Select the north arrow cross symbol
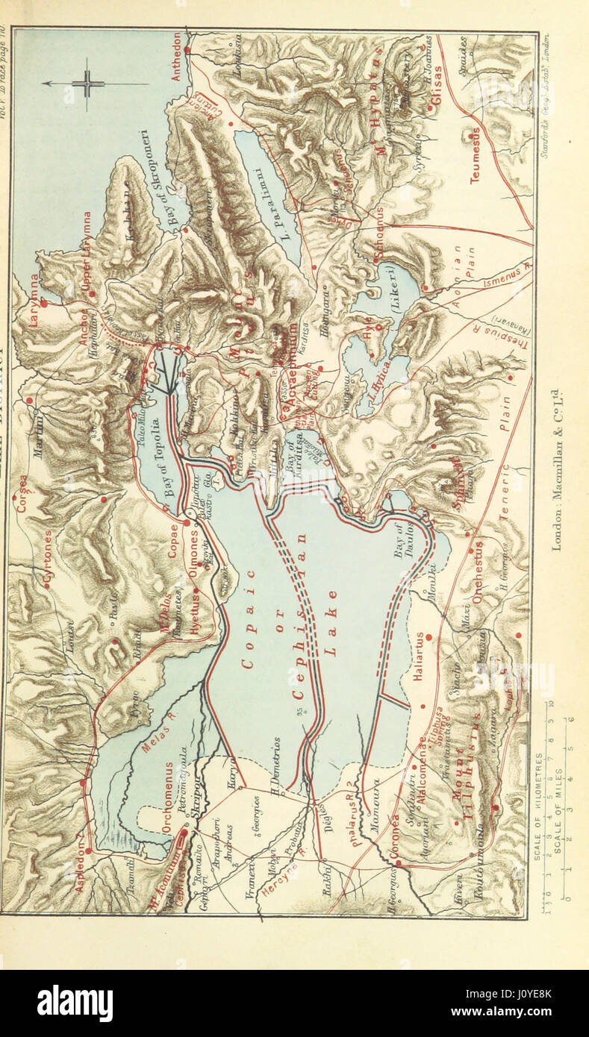point(87,83)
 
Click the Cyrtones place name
point(49,556)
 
